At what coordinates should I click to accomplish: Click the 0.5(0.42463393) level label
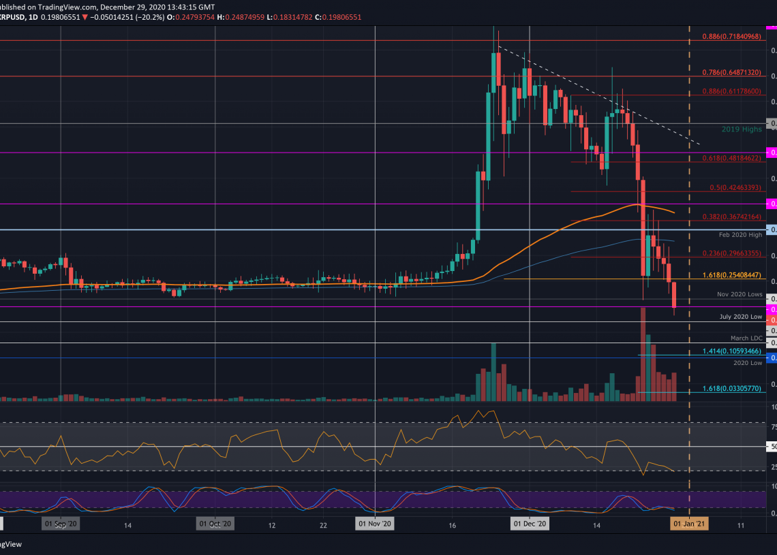pos(735,187)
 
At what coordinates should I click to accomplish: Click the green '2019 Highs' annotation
pos(741,129)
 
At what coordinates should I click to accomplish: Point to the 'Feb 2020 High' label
pos(740,235)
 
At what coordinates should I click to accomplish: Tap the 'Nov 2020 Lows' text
pos(739,294)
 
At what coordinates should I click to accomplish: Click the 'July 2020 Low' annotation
pos(740,317)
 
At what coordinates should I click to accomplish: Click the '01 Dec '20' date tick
pos(530,524)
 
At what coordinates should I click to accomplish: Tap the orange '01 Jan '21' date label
pos(689,524)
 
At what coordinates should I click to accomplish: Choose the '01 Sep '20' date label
pos(61,524)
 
